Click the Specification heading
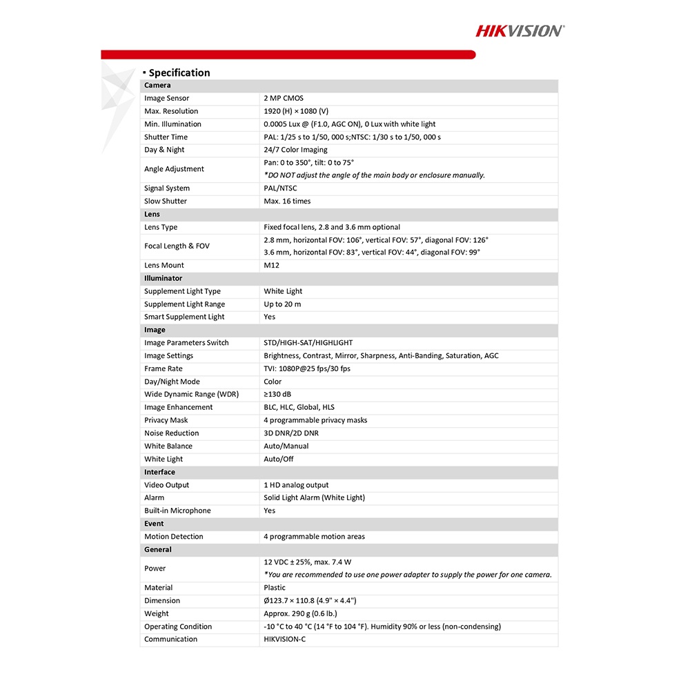179,72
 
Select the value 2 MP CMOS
284,99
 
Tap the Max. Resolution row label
171,111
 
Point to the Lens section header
152,214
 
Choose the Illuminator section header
163,278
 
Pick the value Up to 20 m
282,304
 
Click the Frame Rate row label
164,368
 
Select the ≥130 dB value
277,395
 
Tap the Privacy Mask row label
166,420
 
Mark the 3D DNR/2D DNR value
291,433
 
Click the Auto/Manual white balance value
286,446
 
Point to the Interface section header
159,472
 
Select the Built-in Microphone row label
177,511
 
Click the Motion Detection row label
174,537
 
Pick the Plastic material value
275,588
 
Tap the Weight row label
156,613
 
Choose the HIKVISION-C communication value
284,639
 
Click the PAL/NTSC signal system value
280,188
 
